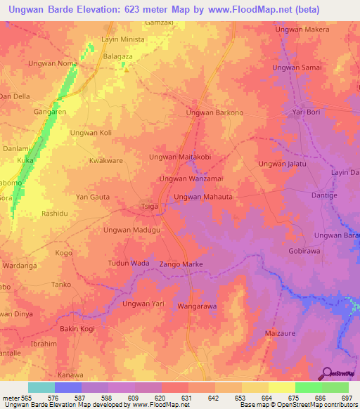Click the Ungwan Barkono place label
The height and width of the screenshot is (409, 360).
coord(214,112)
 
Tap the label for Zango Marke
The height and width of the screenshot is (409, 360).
coord(182,264)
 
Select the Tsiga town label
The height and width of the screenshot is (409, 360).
coord(149,207)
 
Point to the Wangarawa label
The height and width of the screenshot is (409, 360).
coord(197,307)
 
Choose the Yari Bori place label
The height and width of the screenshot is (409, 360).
coord(307,112)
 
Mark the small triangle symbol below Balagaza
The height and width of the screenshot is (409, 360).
coord(127,69)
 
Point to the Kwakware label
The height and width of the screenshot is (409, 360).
coord(106,161)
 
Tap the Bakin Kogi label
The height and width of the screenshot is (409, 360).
coord(78,329)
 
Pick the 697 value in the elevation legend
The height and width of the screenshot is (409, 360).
coord(345,398)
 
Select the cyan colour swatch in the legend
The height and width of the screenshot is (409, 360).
coord(41,387)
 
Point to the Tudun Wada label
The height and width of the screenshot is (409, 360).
coord(129,263)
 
